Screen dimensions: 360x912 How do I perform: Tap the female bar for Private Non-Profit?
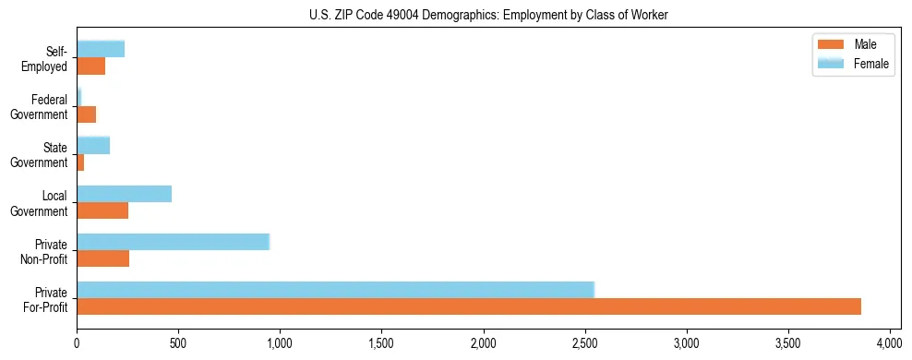tap(173, 242)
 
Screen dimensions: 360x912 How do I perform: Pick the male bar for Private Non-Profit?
tap(102, 258)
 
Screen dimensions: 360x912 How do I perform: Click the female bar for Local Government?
tap(124, 194)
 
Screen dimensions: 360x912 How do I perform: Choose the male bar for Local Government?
tap(102, 210)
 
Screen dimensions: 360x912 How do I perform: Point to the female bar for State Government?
tap(93, 145)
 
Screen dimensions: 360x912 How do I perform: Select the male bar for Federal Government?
tap(86, 114)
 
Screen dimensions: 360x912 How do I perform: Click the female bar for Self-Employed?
tap(101, 49)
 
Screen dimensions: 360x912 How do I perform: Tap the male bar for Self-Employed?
tap(90, 66)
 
